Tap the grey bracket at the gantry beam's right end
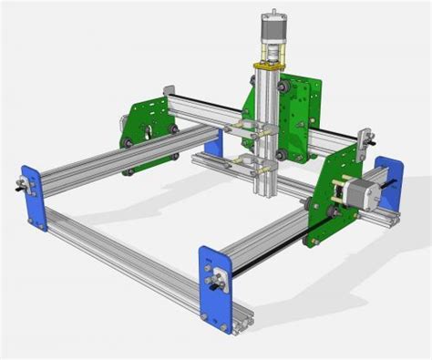pos(365,139)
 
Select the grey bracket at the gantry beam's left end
pos(170,95)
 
